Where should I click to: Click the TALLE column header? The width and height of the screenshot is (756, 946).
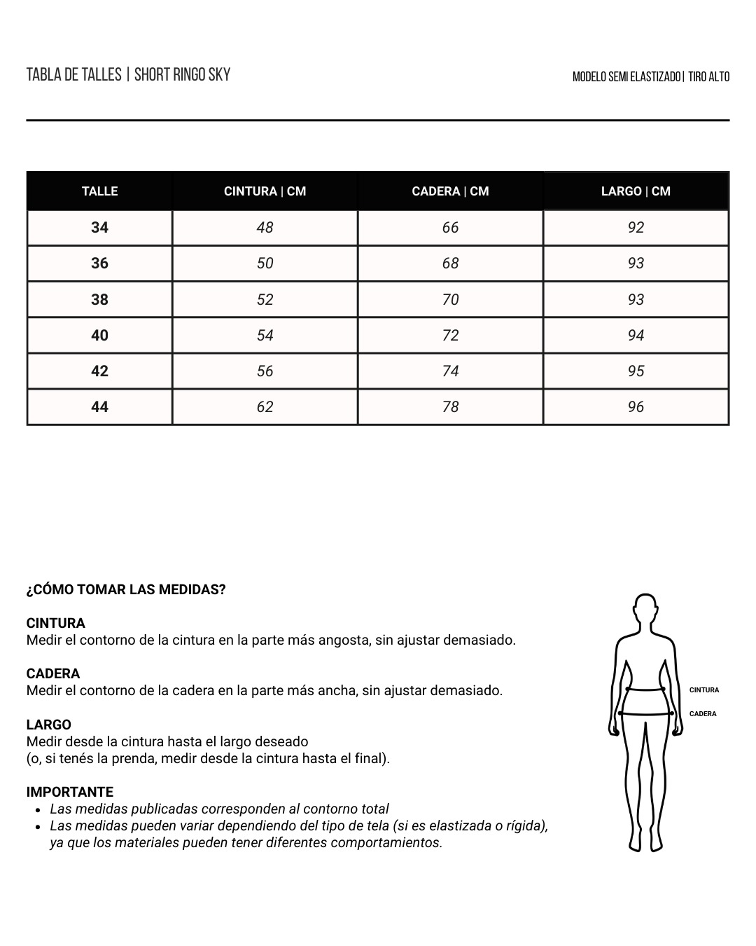tap(99, 191)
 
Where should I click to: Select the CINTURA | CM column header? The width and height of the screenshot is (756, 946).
tap(265, 191)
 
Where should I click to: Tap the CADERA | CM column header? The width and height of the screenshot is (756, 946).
tap(450, 191)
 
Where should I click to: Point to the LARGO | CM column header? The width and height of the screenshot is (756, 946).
tap(636, 191)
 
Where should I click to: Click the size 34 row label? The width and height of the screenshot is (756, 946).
tap(99, 228)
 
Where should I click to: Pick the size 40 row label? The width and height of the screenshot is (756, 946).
tap(99, 336)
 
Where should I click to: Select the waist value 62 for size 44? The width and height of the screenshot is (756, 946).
tap(265, 407)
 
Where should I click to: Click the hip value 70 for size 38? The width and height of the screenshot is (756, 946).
tap(450, 300)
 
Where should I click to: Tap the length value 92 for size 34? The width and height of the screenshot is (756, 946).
tap(636, 228)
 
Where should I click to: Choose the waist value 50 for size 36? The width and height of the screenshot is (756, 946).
tap(265, 263)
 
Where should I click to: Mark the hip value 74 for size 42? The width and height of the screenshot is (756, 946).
tap(450, 371)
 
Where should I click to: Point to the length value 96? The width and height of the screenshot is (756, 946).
tap(636, 407)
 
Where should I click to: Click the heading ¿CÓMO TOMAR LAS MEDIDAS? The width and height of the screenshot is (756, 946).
tap(126, 590)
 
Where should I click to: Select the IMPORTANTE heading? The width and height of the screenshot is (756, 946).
tap(69, 793)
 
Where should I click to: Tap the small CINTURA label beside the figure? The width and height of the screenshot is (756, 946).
tap(703, 690)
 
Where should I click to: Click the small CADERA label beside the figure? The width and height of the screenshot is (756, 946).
tap(703, 714)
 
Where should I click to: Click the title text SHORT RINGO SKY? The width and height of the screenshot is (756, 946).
tap(182, 75)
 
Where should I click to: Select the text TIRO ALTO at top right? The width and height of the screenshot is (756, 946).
tap(708, 77)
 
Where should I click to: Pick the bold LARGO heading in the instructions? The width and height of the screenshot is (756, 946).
tap(48, 725)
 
